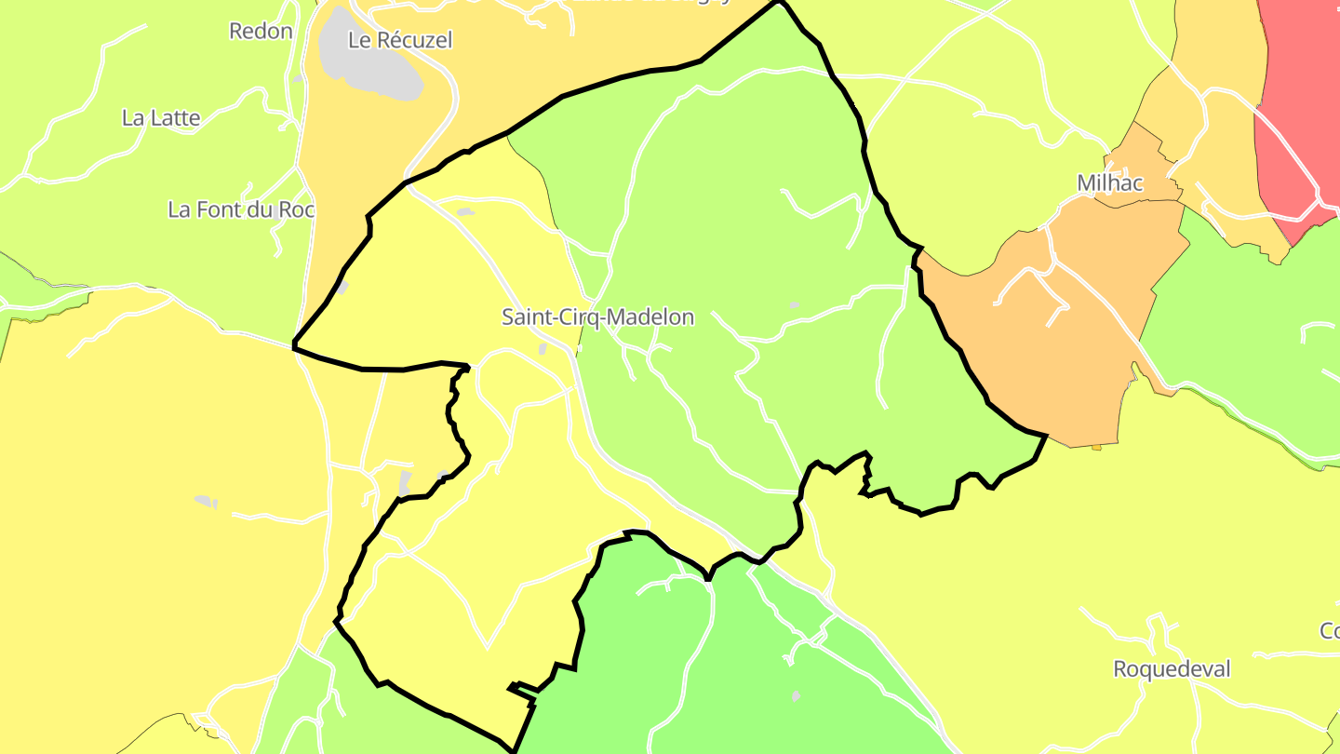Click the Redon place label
pyautogui.click(x=261, y=31)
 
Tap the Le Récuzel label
pyautogui.click(x=399, y=40)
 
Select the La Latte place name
pyautogui.click(x=161, y=118)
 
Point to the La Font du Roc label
pyautogui.click(x=241, y=209)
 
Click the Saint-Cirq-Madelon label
pyautogui.click(x=597, y=317)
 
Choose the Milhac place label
pyautogui.click(x=1109, y=183)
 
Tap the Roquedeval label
pyautogui.click(x=1172, y=669)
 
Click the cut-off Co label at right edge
pyautogui.click(x=1330, y=631)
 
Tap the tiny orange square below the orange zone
pyautogui.click(x=1096, y=448)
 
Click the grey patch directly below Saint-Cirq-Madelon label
pyautogui.click(x=543, y=349)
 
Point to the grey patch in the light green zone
pyautogui.click(x=794, y=304)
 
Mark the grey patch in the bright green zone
pyautogui.click(x=796, y=695)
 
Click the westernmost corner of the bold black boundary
pyautogui.click(x=294, y=345)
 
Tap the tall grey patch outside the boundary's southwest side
pyautogui.click(x=405, y=482)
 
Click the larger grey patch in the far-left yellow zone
pyautogui.click(x=204, y=501)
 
